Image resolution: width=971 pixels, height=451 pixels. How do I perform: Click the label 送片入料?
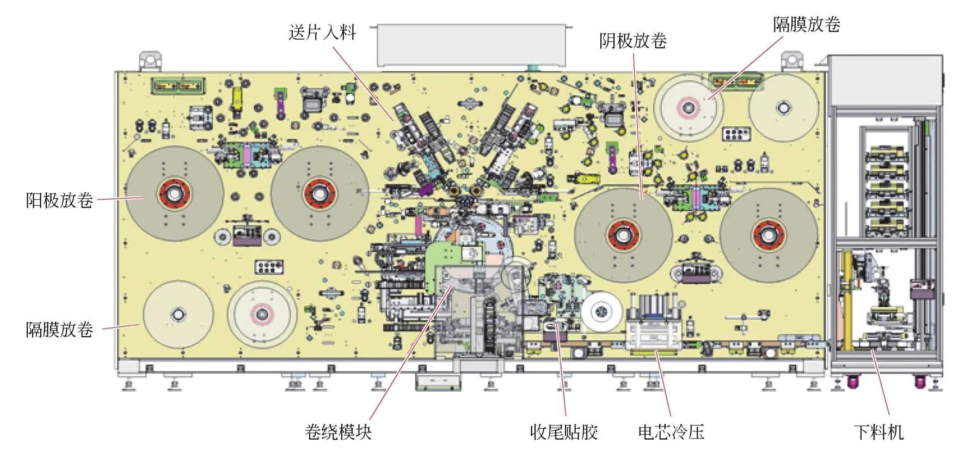[x=322, y=33]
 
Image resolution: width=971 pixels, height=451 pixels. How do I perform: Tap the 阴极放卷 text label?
[x=633, y=41]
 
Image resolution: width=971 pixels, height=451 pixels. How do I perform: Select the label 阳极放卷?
[x=59, y=200]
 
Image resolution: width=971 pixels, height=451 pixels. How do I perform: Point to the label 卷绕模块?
[x=338, y=432]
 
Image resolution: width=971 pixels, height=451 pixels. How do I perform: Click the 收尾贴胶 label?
[x=564, y=432]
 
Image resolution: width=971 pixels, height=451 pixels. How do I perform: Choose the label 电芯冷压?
[x=671, y=432]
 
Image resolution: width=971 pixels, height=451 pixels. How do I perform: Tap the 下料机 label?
[x=878, y=432]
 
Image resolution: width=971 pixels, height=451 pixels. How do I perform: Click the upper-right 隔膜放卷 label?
[x=807, y=24]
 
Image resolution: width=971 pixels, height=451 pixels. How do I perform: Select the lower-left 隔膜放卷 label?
[x=59, y=330]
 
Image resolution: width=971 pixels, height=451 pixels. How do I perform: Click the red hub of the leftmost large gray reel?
[x=175, y=193]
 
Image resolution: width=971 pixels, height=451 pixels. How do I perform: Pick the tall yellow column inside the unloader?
[x=847, y=300]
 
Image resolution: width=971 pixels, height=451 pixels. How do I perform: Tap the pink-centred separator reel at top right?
[x=689, y=108]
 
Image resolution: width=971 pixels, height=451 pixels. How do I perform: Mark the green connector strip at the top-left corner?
[x=179, y=86]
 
